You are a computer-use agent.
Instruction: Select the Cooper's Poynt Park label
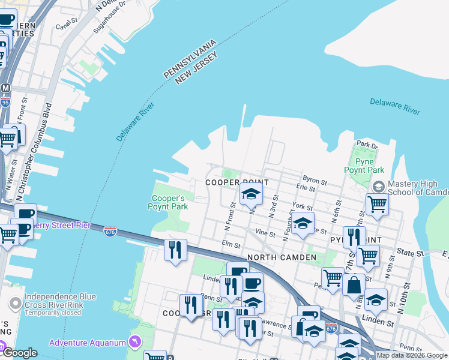click(168, 202)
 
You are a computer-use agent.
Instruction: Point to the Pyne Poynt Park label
click(364, 166)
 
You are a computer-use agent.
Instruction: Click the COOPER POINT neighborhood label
click(235, 182)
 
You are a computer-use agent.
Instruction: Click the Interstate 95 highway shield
click(5, 103)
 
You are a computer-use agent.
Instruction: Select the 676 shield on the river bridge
click(110, 232)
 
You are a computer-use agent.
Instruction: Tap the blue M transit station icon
click(5, 88)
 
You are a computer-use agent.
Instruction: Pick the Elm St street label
click(231, 245)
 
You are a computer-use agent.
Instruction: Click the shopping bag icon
click(354, 284)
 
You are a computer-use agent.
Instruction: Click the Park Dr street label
click(367, 145)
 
